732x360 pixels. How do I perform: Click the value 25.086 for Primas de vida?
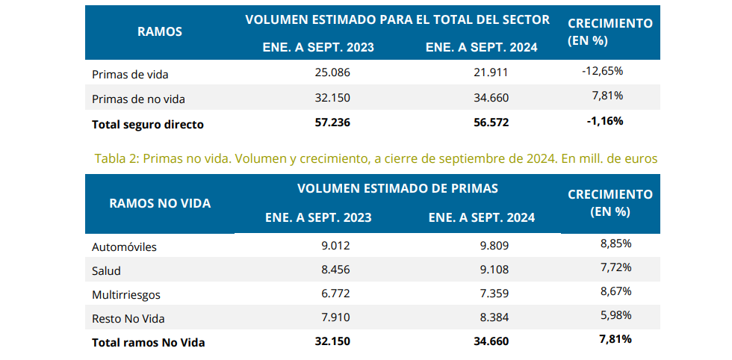[x=332, y=73]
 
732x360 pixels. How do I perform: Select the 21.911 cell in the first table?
[x=491, y=73]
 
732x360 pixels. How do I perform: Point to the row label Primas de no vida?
[x=137, y=99]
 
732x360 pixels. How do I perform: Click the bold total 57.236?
[x=332, y=122]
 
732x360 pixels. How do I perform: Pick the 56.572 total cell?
[x=491, y=122]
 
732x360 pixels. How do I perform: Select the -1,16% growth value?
[x=604, y=120]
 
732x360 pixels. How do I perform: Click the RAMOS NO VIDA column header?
[x=160, y=203]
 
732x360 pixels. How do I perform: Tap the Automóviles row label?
[x=124, y=246]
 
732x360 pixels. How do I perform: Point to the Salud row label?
[x=106, y=270]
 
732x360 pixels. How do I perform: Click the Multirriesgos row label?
[x=125, y=294]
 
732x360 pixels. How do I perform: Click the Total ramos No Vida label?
[x=148, y=343]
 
